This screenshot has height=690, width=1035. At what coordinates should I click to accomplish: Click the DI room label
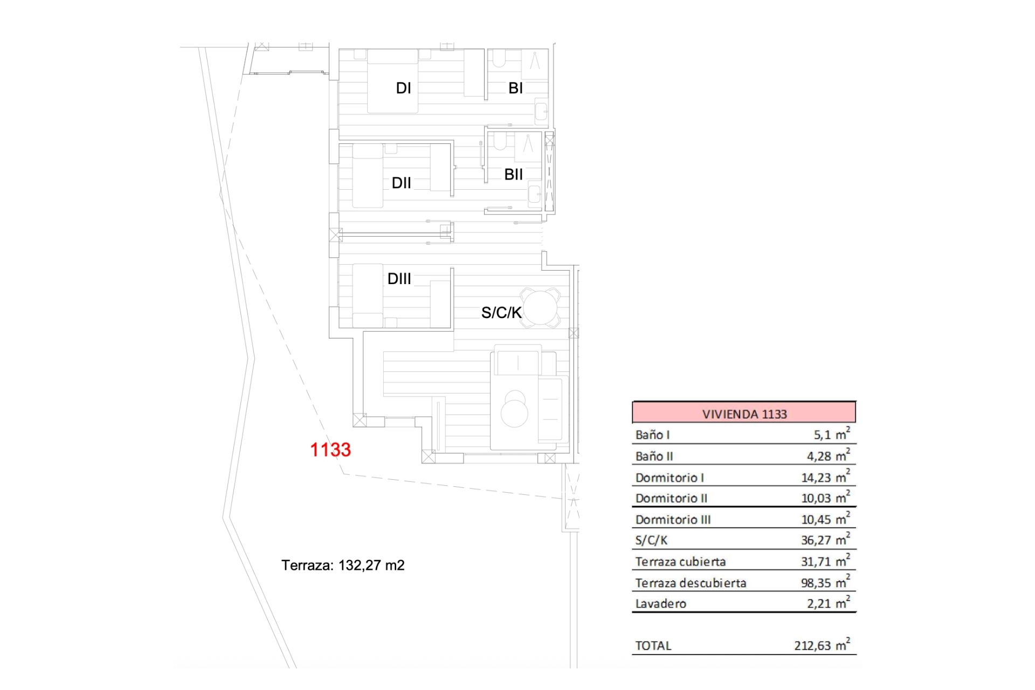click(x=403, y=88)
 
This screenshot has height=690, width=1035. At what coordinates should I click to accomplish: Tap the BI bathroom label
click(x=515, y=88)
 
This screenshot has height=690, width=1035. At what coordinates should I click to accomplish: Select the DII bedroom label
click(x=401, y=183)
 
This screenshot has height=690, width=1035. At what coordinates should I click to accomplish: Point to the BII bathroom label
click(x=513, y=175)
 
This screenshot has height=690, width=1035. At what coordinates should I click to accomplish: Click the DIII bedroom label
click(x=399, y=279)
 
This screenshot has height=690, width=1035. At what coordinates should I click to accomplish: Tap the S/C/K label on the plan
click(x=501, y=313)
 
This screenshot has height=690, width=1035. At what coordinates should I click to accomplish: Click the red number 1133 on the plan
click(x=330, y=450)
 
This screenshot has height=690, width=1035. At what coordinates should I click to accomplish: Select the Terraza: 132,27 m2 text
click(x=343, y=565)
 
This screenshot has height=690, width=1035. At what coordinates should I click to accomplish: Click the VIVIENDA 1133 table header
click(x=744, y=414)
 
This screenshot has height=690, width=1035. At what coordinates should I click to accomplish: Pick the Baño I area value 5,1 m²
click(x=832, y=433)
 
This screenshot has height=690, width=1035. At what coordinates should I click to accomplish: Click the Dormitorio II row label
click(x=671, y=498)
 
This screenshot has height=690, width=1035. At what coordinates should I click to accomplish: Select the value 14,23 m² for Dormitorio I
click(x=826, y=477)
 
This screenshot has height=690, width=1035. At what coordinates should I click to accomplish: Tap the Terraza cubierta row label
click(x=680, y=562)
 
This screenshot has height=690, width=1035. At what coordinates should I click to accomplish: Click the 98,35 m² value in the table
click(x=826, y=582)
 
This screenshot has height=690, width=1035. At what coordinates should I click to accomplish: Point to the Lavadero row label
click(x=661, y=604)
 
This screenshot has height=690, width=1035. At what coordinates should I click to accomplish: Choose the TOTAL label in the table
click(x=653, y=646)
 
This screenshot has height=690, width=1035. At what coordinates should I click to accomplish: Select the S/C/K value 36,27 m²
click(x=826, y=540)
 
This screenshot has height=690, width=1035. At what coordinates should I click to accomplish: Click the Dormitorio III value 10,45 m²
click(x=826, y=519)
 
